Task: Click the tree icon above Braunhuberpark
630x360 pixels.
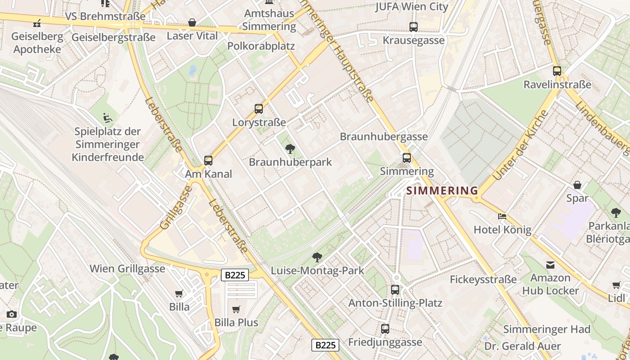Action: point(290,148)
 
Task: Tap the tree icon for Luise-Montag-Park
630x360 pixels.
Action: point(317,257)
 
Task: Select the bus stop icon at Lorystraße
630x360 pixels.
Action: point(259,108)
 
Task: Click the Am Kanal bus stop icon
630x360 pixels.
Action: point(208,160)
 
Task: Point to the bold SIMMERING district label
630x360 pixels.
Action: point(442,191)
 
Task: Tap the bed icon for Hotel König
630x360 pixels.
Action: point(502,216)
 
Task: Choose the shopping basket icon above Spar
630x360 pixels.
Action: point(577,185)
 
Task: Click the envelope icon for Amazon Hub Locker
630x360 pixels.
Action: point(550,265)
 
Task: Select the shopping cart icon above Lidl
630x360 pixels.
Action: point(616,284)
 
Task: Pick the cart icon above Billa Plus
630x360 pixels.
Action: point(236,309)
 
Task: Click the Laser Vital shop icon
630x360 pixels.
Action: point(192,22)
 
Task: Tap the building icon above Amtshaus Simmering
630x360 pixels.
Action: point(269,3)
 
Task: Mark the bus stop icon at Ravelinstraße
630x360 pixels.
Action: point(557,71)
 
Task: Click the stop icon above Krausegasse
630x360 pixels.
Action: point(414,27)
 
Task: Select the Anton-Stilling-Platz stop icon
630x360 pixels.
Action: point(395,290)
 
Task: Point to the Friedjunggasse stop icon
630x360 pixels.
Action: point(385,328)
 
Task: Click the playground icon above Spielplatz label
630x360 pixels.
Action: point(108,118)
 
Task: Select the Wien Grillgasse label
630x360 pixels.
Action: point(127,269)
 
